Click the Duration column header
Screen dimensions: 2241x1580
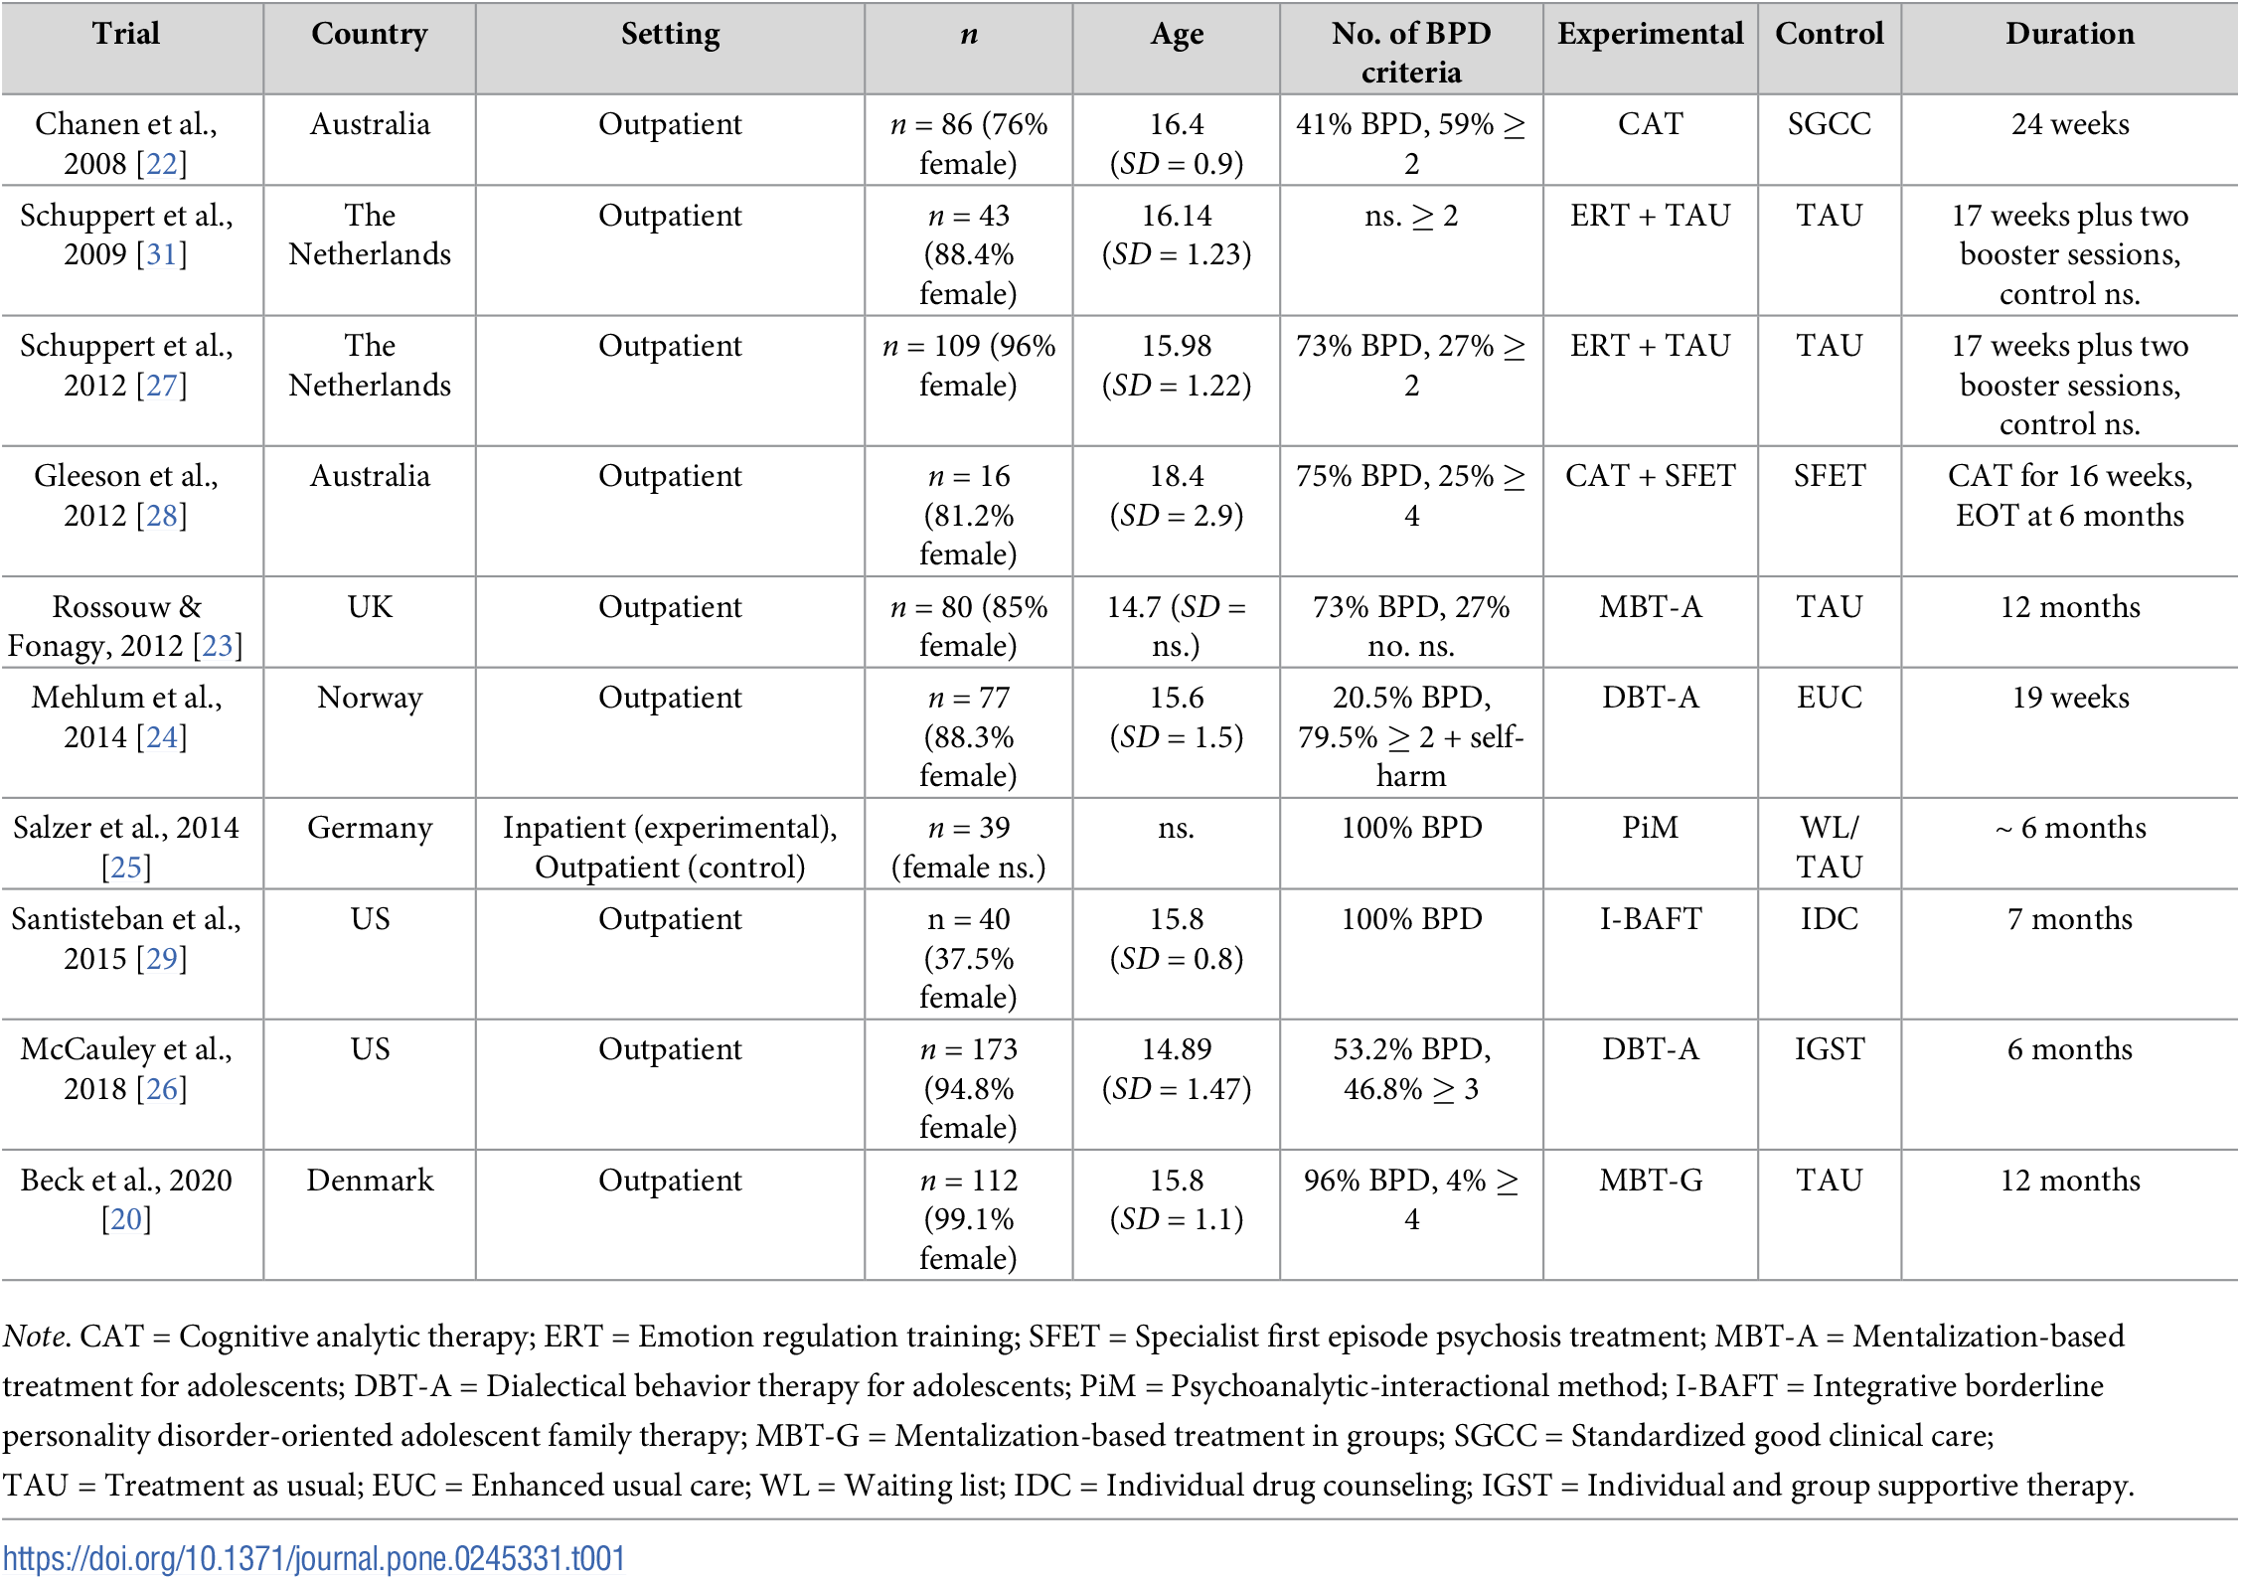[2069, 34]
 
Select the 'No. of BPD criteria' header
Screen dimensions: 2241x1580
[1411, 53]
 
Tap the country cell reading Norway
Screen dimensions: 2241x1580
[370, 698]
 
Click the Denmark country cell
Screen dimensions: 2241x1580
[370, 1180]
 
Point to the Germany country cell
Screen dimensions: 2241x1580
[370, 829]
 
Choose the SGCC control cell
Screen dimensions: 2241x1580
[1829, 124]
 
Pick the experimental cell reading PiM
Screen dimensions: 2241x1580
[1650, 828]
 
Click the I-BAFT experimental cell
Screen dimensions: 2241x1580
[1650, 919]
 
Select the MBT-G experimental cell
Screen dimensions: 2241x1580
[1650, 1180]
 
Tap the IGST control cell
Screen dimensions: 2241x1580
[1829, 1049]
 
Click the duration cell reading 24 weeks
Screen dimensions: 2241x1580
[2070, 124]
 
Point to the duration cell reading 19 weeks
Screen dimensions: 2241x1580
[2070, 698]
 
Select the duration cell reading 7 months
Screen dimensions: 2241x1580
[2070, 919]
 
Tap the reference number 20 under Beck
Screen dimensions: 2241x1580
[126, 1219]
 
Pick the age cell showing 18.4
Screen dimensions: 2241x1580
[1177, 476]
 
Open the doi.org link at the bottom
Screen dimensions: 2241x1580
[314, 1558]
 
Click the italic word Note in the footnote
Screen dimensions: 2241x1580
[35, 1337]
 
